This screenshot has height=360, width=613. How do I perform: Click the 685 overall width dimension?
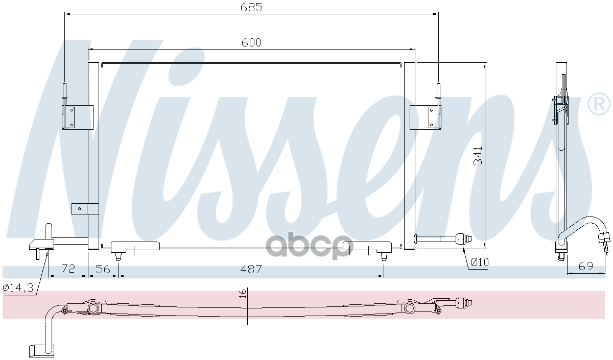pos(251,7)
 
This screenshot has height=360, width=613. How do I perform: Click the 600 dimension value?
pos(251,42)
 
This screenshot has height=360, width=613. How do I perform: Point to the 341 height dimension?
pos(478,156)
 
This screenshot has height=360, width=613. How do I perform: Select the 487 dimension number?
pos(251,269)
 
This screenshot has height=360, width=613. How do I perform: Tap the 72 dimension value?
pos(68,269)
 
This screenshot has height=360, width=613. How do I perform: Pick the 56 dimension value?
pos(103,269)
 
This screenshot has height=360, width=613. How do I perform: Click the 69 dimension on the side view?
pos(586,266)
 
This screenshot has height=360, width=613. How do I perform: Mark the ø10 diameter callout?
pos(480,262)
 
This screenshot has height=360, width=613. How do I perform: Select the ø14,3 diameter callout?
pos(18,287)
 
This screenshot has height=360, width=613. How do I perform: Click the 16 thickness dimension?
pos(243,294)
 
